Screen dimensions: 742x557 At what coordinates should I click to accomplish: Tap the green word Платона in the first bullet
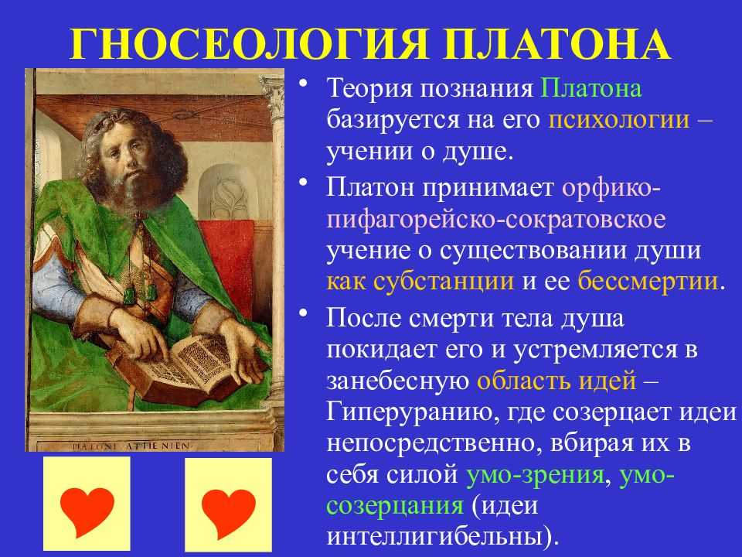591,88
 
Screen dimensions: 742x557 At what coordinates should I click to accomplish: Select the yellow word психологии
619,120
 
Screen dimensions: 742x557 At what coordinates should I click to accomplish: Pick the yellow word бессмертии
648,282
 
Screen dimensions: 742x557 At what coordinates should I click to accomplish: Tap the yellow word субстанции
444,282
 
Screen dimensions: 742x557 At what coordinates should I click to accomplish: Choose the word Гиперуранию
410,413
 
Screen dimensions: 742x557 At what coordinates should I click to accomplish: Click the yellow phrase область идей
556,381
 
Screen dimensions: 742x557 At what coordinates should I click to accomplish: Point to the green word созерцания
395,506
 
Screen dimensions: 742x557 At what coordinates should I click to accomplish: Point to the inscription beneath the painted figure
131,446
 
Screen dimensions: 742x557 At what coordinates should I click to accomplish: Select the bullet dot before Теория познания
304,84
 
